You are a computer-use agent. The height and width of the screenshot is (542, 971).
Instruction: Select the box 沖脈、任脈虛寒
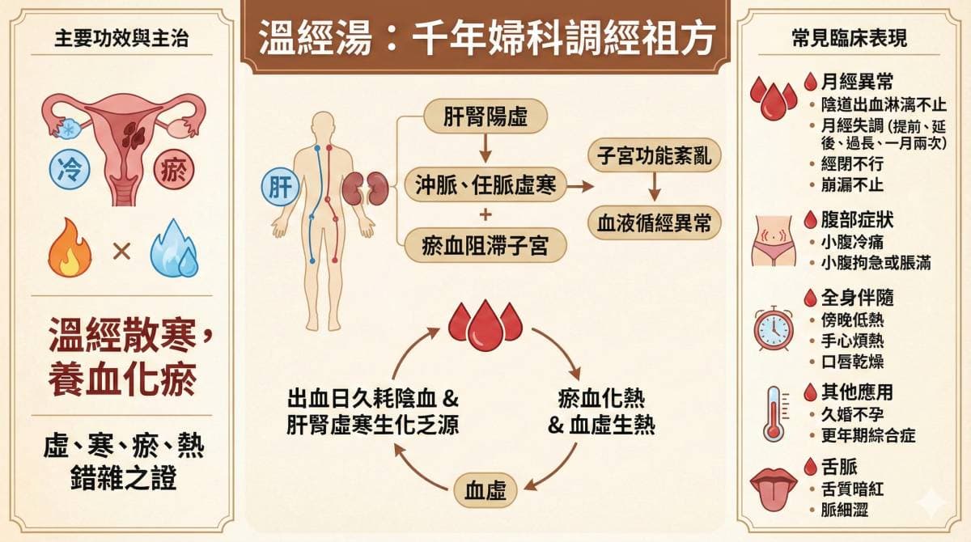click(485, 184)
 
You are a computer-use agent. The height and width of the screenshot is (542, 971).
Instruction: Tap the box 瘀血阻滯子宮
click(485, 244)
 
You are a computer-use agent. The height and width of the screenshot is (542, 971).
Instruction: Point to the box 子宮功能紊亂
click(655, 155)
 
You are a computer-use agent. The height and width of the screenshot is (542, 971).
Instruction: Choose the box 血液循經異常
click(655, 223)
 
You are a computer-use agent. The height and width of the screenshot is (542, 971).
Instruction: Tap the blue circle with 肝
click(280, 186)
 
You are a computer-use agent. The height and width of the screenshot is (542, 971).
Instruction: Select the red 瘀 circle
click(174, 171)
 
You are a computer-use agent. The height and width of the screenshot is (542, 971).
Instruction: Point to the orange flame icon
click(70, 250)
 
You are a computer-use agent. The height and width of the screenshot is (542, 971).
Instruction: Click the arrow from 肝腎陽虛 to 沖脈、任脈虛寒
click(485, 150)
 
